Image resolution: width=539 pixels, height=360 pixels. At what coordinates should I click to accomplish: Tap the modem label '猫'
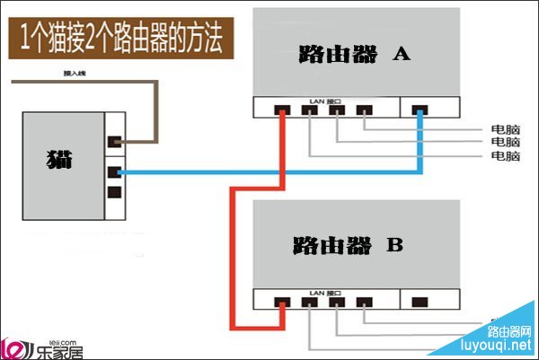click(59, 161)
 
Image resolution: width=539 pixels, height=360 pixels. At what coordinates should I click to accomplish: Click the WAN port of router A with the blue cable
click(419, 111)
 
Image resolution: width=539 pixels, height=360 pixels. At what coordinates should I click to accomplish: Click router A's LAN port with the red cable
click(281, 111)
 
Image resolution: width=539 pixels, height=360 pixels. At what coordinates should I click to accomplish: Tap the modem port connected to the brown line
click(114, 141)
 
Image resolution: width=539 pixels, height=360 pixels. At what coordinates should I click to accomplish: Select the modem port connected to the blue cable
click(114, 171)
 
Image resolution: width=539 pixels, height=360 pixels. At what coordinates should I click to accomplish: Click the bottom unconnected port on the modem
click(114, 191)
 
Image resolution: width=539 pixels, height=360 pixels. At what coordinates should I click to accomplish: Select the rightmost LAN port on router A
click(364, 111)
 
